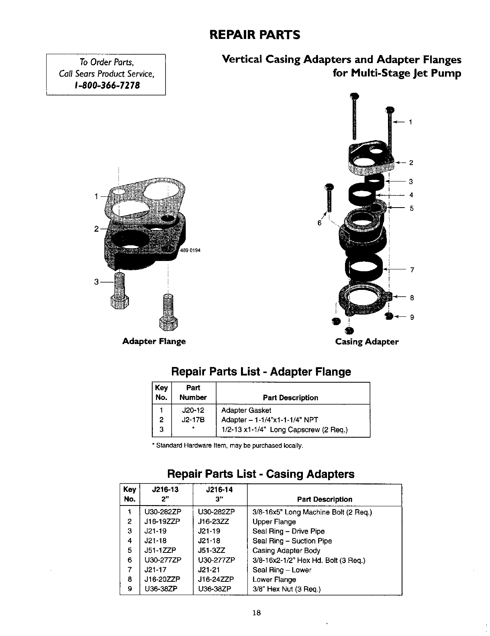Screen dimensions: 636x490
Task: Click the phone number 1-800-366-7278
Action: click(106, 86)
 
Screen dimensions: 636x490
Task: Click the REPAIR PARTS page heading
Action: click(255, 35)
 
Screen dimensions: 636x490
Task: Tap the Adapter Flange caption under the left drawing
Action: click(154, 341)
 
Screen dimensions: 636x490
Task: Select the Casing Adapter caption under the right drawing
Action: click(367, 342)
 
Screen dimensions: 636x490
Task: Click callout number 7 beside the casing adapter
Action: click(412, 270)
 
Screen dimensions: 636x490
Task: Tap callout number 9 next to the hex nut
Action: click(412, 318)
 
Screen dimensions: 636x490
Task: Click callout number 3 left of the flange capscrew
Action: click(96, 282)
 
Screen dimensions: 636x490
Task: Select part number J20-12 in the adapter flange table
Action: click(193, 410)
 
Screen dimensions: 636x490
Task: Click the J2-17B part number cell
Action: click(193, 420)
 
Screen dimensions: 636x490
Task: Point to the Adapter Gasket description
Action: click(246, 410)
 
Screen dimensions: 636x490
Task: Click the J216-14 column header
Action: click(219, 489)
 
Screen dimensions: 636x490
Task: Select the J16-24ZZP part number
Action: click(216, 579)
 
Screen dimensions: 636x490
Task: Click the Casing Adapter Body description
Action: click(286, 550)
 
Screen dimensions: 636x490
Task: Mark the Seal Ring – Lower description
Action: click(282, 570)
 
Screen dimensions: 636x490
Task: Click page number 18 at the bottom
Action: click(257, 613)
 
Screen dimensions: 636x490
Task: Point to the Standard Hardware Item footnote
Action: click(227, 446)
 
